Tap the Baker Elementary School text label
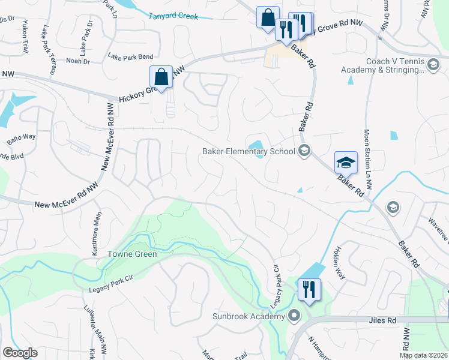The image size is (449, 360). tap(248, 151)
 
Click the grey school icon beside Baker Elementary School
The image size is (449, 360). tap(304, 151)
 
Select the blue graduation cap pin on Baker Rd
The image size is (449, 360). tap(346, 163)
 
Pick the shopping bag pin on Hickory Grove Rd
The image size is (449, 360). tap(161, 77)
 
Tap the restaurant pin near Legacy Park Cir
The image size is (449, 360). tap(309, 290)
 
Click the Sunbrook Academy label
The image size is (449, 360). tap(249, 316)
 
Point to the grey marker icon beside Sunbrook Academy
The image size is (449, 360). tap(294, 315)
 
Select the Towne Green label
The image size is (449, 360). tap(132, 254)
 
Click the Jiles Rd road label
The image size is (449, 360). tap(383, 321)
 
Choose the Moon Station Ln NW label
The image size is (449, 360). tap(367, 160)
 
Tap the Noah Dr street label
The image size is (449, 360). tap(77, 61)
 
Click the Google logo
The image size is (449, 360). tap(20, 353)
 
